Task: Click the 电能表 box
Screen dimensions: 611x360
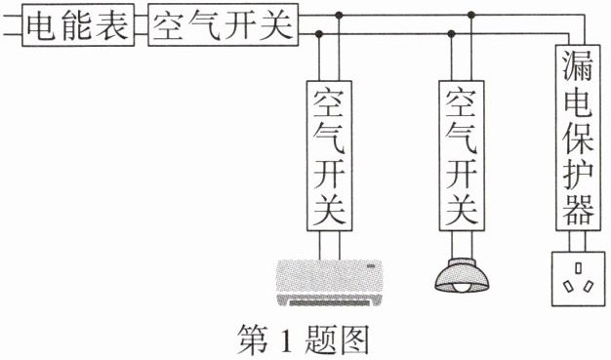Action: coord(78,25)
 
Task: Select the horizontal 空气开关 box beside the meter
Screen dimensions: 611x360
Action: coord(223,25)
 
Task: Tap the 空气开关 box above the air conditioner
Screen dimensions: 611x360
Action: coord(329,156)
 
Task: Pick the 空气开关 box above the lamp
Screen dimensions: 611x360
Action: coord(462,156)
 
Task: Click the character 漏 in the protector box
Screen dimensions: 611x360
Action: coord(578,65)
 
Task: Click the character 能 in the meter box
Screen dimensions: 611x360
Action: coord(77,25)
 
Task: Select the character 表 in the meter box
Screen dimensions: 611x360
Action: coord(112,25)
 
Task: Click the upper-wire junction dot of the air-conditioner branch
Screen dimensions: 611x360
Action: coord(339,16)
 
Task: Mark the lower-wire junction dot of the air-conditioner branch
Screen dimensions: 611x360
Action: coord(319,34)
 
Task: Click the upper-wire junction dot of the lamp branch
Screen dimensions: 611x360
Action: coord(471,16)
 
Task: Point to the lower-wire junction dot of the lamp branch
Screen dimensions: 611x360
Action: coord(452,34)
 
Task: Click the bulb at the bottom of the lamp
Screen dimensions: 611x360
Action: coord(462,288)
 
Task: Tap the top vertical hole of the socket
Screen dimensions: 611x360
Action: coord(578,268)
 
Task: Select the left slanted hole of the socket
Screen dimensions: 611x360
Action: coord(568,287)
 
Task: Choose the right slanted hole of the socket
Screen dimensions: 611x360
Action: coord(589,287)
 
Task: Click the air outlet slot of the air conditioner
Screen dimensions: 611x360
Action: coord(329,302)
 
